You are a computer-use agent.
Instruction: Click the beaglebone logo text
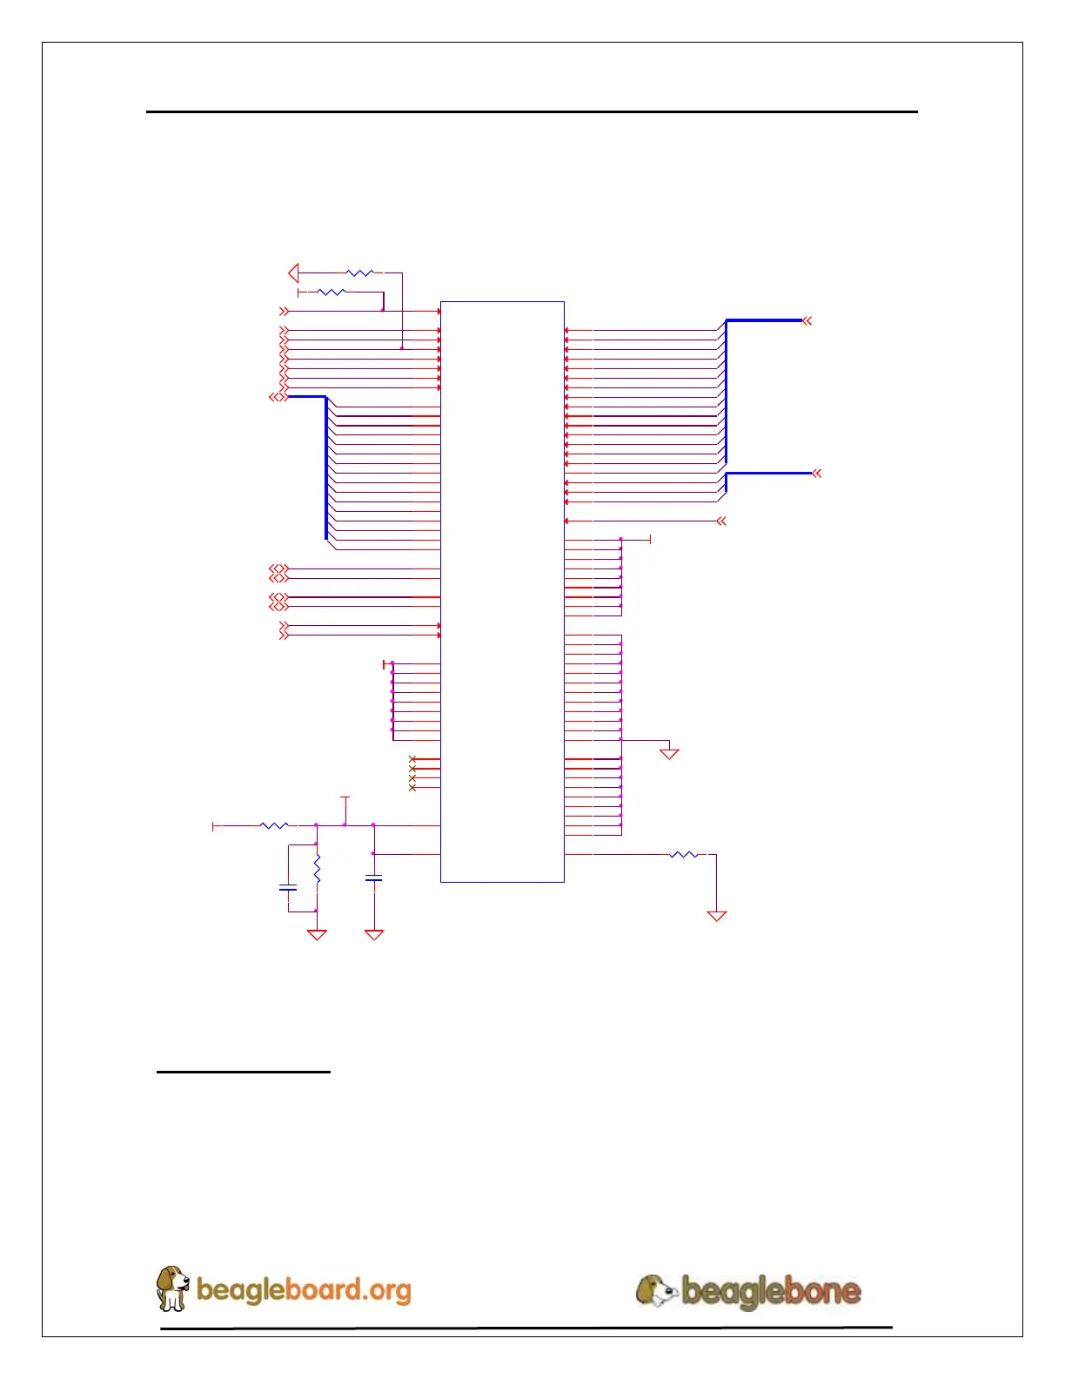point(770,1291)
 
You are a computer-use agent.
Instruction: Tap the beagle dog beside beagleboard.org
point(171,1288)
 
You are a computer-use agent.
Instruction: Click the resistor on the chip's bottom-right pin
point(684,855)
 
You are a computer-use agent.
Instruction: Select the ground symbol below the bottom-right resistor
point(716,915)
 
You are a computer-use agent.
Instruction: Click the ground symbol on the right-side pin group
point(668,753)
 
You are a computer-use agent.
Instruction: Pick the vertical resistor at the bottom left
point(317,868)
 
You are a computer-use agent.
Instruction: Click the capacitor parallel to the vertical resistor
point(287,888)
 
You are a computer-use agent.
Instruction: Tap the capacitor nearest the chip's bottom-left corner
point(373,879)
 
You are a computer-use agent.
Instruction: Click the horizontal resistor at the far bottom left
point(274,825)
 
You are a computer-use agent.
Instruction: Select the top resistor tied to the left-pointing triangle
point(359,273)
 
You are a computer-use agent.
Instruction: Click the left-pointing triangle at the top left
point(293,273)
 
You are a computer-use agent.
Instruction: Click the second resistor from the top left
point(332,293)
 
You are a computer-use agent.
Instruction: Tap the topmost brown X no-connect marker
point(412,759)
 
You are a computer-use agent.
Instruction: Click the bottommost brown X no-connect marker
point(412,788)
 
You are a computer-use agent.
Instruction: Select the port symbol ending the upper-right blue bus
point(807,321)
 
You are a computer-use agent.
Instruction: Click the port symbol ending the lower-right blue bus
point(817,474)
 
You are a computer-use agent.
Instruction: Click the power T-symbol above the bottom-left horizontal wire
point(345,797)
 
